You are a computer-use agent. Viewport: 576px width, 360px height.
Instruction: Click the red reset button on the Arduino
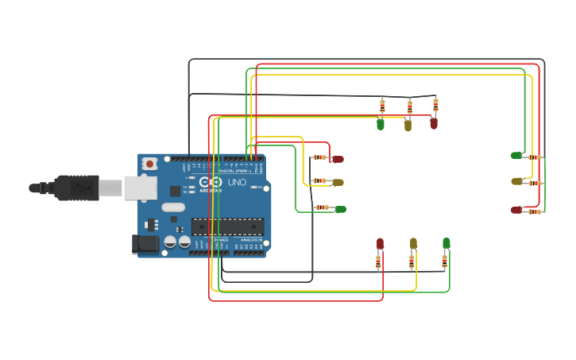click(x=149, y=164)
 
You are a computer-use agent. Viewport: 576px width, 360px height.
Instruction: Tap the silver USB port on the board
click(x=141, y=188)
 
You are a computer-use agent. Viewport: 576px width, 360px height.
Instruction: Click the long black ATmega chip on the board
click(x=227, y=226)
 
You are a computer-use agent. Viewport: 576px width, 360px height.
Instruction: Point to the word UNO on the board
click(x=237, y=183)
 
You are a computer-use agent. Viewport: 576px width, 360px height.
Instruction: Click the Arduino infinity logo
click(x=211, y=182)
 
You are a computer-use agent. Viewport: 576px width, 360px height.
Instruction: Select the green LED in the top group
click(x=381, y=124)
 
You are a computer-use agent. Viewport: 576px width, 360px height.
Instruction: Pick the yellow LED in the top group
click(x=408, y=125)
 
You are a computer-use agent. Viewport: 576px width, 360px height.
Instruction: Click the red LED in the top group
click(x=434, y=123)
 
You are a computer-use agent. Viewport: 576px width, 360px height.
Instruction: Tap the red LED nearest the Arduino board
click(x=338, y=159)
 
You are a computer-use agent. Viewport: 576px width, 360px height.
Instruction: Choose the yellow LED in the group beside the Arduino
click(x=338, y=183)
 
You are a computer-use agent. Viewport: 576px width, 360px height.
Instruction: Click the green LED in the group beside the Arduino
click(x=341, y=209)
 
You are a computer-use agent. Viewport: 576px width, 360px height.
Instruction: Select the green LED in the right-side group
click(x=516, y=156)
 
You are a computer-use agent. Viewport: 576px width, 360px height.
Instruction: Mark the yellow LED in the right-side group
click(x=516, y=181)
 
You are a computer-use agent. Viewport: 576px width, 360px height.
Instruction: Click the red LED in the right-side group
click(x=516, y=210)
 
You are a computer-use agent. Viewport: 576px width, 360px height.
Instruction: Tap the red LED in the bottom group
click(x=380, y=243)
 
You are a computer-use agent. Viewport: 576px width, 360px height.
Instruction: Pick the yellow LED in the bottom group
click(x=413, y=243)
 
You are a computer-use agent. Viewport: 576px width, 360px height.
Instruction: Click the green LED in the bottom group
click(x=446, y=243)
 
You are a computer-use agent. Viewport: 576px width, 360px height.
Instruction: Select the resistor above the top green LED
click(x=382, y=105)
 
